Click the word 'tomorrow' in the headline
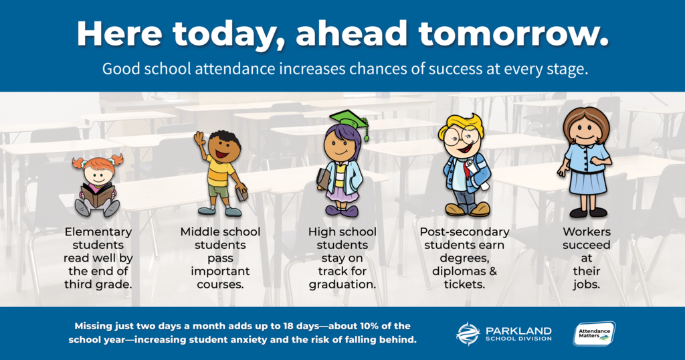(x=513, y=33)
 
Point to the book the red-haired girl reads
(x=98, y=195)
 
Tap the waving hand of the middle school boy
(x=199, y=139)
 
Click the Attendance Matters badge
(x=594, y=334)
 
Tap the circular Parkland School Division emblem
(x=468, y=334)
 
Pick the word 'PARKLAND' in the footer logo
(x=518, y=331)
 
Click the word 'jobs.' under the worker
(x=586, y=285)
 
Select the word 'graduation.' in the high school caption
(x=342, y=285)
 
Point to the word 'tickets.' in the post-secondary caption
(x=464, y=284)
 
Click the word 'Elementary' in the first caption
(x=98, y=232)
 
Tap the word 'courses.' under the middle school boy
(x=220, y=284)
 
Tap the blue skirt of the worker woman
(x=587, y=183)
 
